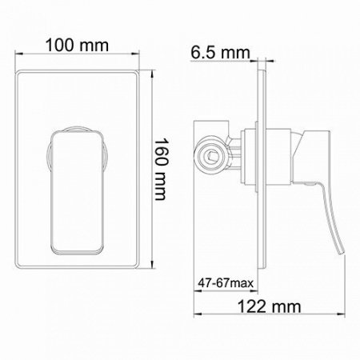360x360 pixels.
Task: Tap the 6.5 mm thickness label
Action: coord(219,54)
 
